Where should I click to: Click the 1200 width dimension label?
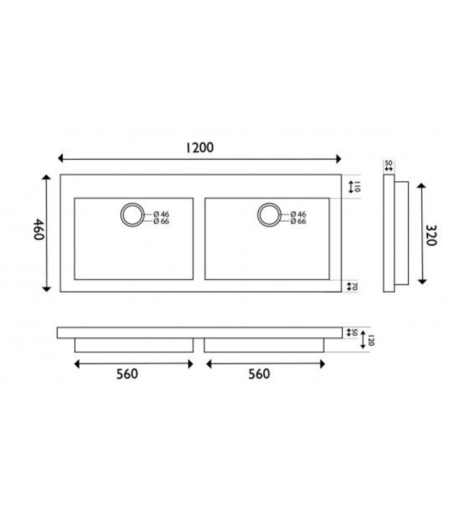[199, 147]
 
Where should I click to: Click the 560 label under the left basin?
[127, 374]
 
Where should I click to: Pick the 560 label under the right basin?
[258, 374]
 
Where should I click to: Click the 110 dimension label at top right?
[356, 187]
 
